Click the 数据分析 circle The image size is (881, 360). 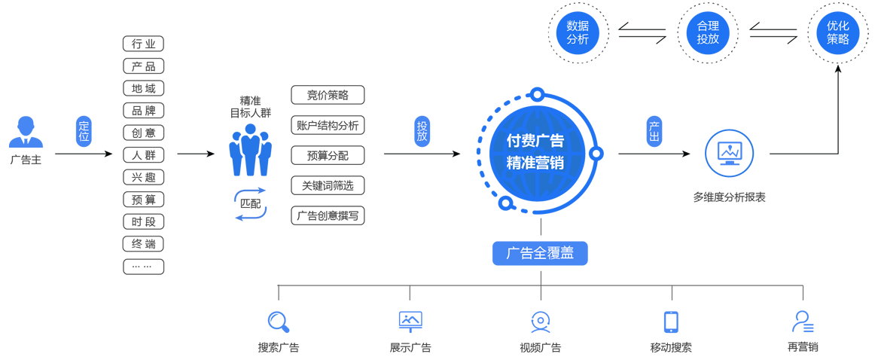[578, 32]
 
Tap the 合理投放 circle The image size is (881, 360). [708, 32]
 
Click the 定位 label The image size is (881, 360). [84, 131]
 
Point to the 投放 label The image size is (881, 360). [422, 130]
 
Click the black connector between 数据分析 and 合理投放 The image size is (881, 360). [642, 32]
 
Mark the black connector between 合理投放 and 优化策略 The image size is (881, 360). [773, 32]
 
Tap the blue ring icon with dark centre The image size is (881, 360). [248, 204]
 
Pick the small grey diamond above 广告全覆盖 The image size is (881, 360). [539, 226]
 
